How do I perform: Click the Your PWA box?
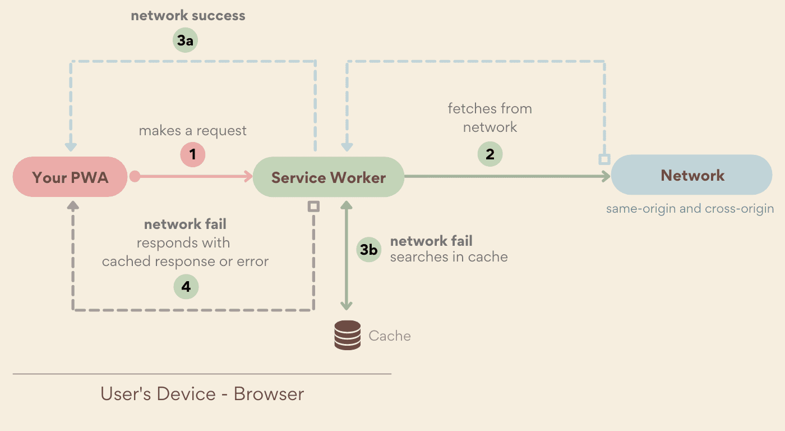[70, 177]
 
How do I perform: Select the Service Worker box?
[329, 178]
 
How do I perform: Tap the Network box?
[692, 176]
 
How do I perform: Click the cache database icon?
[347, 335]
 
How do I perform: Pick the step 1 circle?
[193, 154]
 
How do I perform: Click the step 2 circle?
[490, 154]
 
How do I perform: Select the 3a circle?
[185, 40]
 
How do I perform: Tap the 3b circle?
[368, 250]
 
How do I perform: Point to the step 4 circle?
[186, 287]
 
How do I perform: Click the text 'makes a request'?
[193, 131]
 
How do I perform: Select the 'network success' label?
[188, 16]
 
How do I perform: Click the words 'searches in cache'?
[449, 257]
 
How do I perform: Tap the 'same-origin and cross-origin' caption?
[690, 209]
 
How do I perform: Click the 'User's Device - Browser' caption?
[202, 393]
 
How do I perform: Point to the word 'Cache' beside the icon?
[390, 336]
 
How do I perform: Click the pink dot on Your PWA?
[135, 177]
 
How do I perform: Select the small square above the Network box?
[604, 159]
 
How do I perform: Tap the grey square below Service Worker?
[314, 207]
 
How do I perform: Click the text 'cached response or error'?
[185, 262]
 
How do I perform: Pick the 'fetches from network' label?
[490, 117]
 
